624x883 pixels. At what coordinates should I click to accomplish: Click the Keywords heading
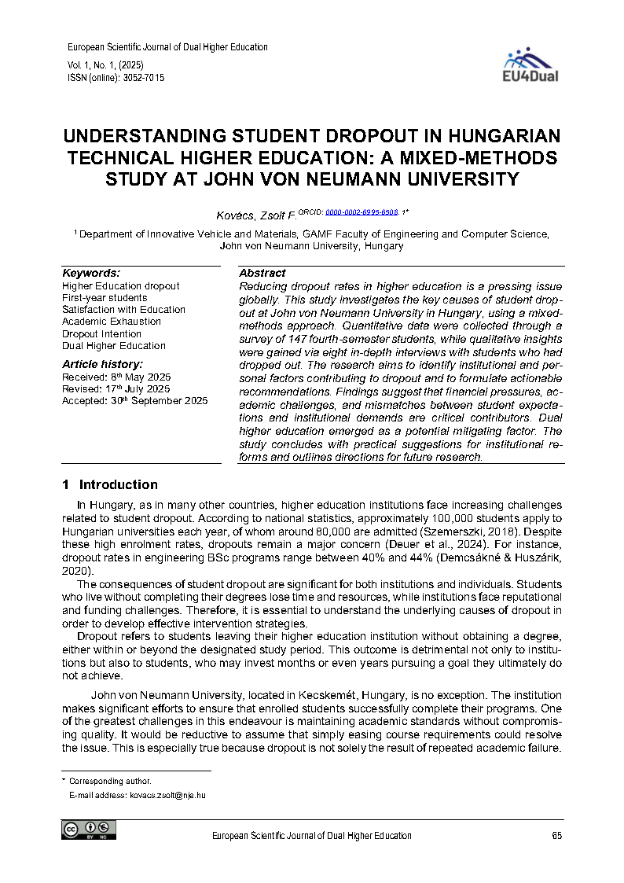click(x=91, y=273)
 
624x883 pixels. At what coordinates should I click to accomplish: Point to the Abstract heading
click(x=262, y=273)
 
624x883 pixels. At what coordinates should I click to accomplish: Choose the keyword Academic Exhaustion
click(x=112, y=322)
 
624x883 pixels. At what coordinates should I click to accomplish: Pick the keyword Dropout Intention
click(x=102, y=333)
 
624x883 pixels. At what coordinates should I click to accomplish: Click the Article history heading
click(x=102, y=364)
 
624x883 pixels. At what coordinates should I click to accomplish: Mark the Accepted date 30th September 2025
click(x=134, y=400)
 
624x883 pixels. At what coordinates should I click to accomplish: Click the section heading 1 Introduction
click(x=110, y=484)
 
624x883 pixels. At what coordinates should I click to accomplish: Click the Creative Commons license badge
click(x=89, y=830)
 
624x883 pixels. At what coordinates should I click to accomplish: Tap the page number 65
click(x=556, y=836)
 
